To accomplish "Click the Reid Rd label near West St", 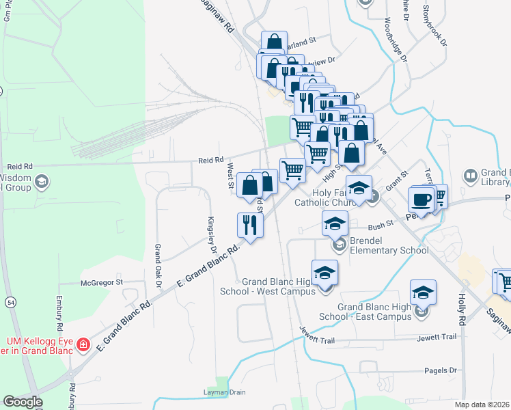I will click(x=211, y=160).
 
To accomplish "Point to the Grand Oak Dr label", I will click(x=157, y=264).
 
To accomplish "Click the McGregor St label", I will click(x=101, y=282).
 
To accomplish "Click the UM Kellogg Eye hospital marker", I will click(x=83, y=344).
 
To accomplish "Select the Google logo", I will click(x=23, y=402).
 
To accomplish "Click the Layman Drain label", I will click(x=224, y=392).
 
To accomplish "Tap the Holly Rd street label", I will click(x=462, y=310).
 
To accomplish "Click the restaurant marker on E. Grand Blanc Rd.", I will click(x=249, y=225).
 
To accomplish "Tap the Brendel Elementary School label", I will click(x=387, y=245).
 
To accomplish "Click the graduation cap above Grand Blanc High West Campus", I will click(x=325, y=273).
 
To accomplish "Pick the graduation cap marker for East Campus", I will click(x=423, y=293).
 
